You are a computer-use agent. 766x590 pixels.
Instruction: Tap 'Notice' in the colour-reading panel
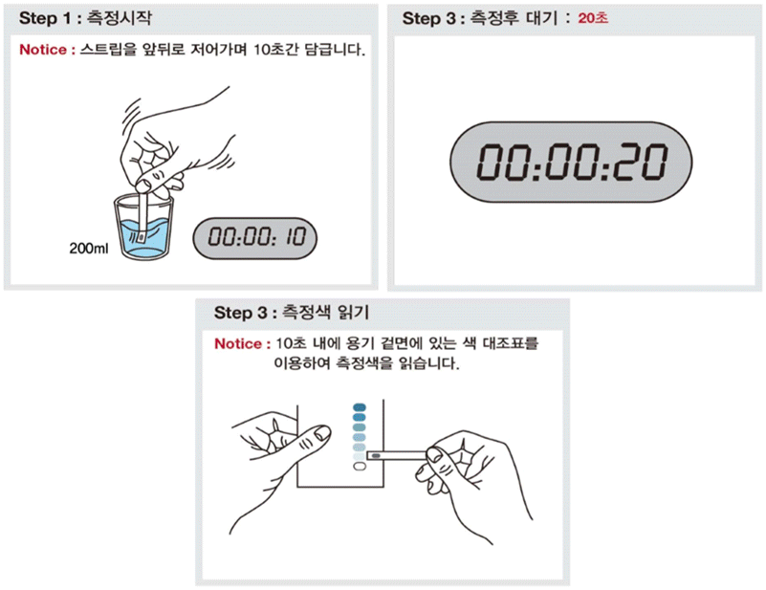pos(239,342)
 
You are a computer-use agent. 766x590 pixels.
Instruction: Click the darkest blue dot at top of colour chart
pos(359,407)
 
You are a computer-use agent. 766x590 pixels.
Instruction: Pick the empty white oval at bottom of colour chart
pos(359,468)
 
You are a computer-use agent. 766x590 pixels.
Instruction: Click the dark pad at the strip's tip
pos(377,457)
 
